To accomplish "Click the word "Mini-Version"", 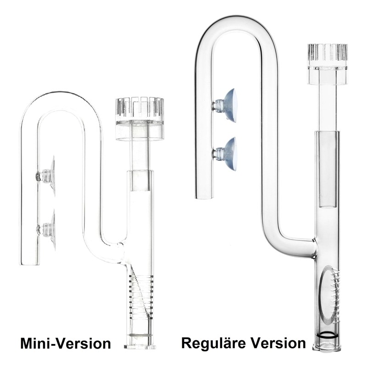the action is click(65, 344).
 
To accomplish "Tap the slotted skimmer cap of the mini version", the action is click(138, 110).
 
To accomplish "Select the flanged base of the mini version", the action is click(139, 344).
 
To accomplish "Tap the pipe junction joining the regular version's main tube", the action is click(313, 248).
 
